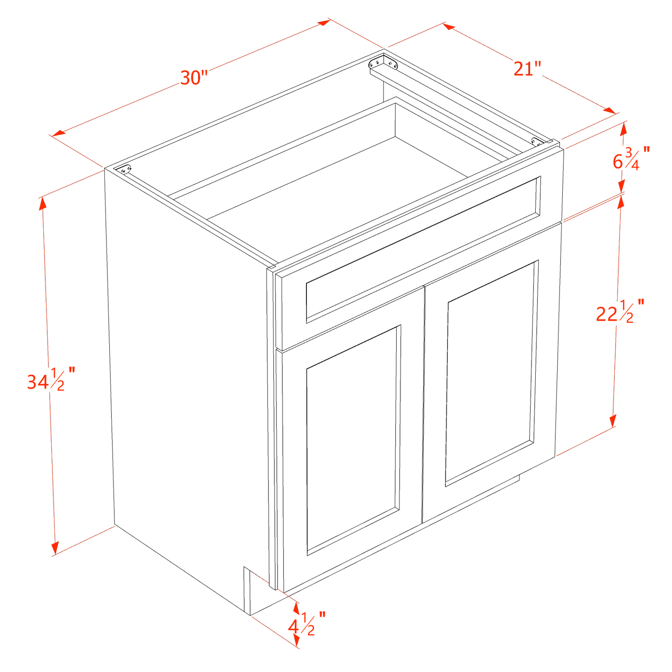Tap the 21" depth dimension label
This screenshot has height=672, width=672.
coord(527,69)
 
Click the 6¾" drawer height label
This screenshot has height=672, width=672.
coord(630,158)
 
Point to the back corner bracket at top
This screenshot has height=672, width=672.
coord(383,63)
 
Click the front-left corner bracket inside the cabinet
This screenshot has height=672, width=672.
coord(123,169)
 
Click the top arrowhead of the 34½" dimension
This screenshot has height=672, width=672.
coord(42,203)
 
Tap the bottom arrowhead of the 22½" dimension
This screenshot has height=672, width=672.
coord(613,421)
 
